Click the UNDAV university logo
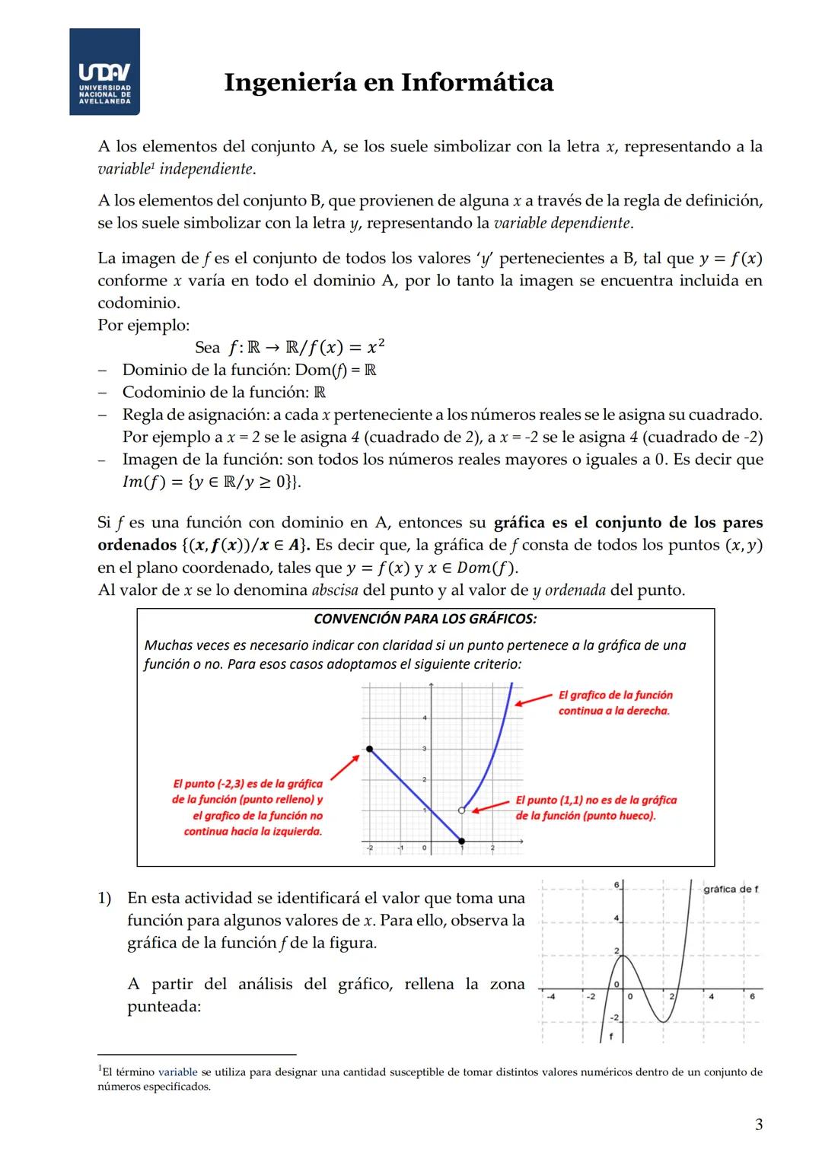pyautogui.click(x=104, y=72)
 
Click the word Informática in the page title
pyautogui.click(x=477, y=82)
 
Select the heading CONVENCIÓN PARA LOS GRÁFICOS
pyautogui.click(x=425, y=619)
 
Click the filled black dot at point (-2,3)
pyautogui.click(x=370, y=749)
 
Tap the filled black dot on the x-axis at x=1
pyautogui.click(x=462, y=841)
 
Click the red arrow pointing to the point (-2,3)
pyautogui.click(x=345, y=767)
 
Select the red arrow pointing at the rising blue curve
pyautogui.click(x=534, y=699)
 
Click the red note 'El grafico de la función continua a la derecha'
pyautogui.click(x=615, y=702)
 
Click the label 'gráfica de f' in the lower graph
pyautogui.click(x=731, y=889)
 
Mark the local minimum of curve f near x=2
pyautogui.click(x=664, y=1020)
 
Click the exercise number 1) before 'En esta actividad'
pyautogui.click(x=105, y=898)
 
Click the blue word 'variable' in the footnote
pyautogui.click(x=177, y=1072)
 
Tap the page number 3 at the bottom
pyautogui.click(x=758, y=1125)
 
